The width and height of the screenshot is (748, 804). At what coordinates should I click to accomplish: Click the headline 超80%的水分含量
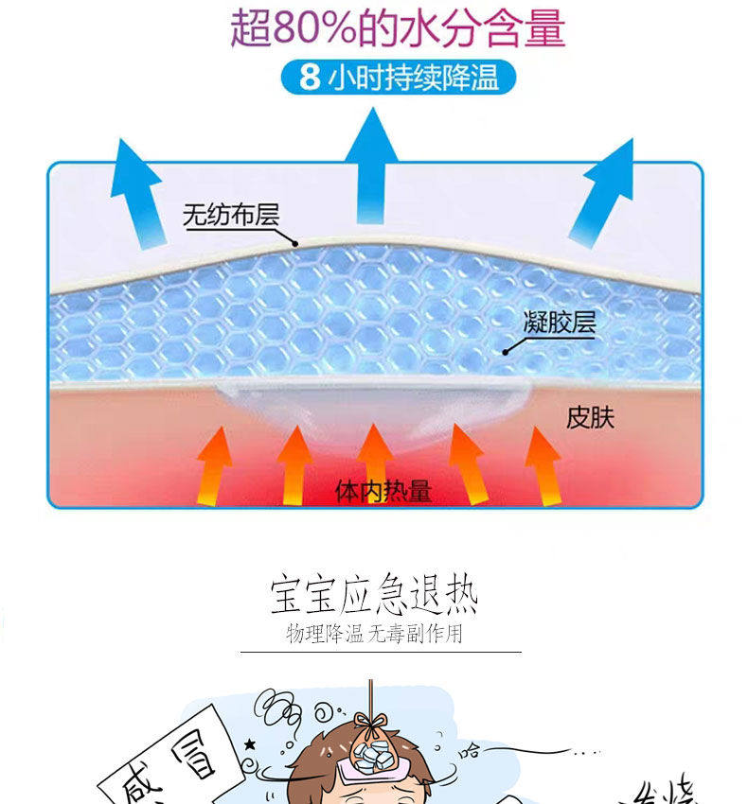(x=398, y=29)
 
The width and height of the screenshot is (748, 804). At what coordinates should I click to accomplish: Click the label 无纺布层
(x=231, y=216)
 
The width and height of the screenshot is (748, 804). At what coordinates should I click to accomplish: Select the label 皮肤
(x=590, y=416)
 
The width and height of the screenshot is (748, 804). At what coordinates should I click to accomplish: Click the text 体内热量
(x=383, y=490)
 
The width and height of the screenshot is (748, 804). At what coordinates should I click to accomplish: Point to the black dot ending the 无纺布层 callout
(x=295, y=244)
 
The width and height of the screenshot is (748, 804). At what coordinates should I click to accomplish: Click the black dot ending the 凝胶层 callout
(x=505, y=352)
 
